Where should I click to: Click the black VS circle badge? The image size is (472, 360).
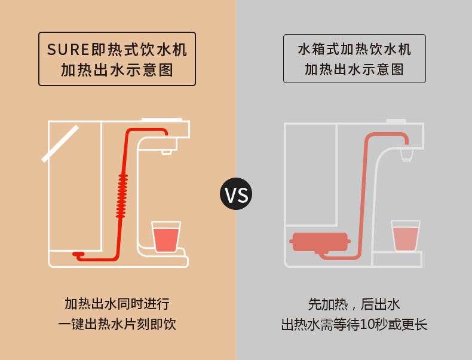[236, 194]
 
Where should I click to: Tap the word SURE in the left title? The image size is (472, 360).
[68, 50]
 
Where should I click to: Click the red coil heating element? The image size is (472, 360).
[122, 196]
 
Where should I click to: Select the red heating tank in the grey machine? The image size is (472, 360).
[320, 242]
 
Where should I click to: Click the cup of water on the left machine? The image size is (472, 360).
[166, 237]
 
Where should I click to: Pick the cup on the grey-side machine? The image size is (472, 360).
[406, 236]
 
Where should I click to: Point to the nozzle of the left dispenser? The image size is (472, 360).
[167, 152]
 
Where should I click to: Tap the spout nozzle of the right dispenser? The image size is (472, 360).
[407, 155]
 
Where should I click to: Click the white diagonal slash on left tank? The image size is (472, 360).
[60, 144]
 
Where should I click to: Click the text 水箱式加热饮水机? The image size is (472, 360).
[354, 50]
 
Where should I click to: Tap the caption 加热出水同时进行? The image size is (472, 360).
[117, 304]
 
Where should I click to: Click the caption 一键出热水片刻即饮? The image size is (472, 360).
[117, 325]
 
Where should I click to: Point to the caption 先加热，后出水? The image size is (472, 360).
[354, 304]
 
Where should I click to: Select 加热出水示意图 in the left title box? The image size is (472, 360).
[117, 70]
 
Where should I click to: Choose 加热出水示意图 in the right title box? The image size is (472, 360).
[354, 69]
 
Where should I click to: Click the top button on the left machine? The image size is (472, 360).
[162, 120]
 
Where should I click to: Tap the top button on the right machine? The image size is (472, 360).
[396, 121]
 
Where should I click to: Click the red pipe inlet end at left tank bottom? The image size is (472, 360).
[78, 254]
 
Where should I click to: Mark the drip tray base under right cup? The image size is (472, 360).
[397, 260]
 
